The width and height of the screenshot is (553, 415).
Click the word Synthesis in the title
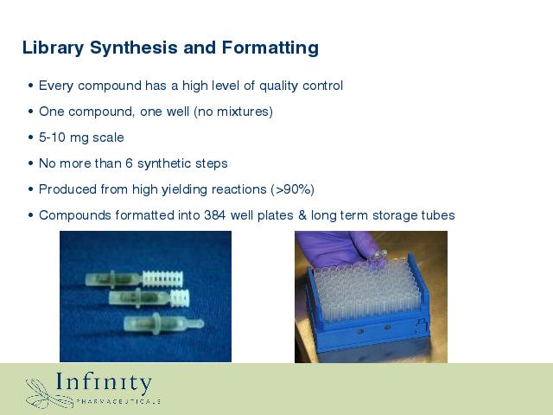point(134,48)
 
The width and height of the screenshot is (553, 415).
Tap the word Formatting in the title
point(270,48)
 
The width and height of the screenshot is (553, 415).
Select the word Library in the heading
point(54,48)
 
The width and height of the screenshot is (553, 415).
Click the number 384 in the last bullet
point(215,215)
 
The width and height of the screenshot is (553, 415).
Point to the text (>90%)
point(292,189)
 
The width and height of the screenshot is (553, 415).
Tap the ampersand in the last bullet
point(302,215)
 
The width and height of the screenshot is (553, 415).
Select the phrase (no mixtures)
point(233,112)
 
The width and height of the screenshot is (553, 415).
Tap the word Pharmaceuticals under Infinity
point(118,401)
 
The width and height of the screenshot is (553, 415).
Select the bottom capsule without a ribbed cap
point(163,323)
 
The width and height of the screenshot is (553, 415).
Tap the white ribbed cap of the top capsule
point(162,278)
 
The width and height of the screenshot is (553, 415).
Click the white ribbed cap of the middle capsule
point(180,297)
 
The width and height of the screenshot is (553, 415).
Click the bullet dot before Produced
point(31,189)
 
